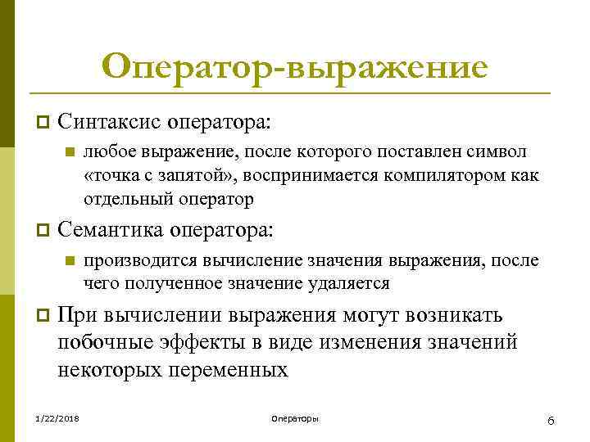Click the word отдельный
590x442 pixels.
click(121, 198)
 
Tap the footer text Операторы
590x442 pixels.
click(294, 419)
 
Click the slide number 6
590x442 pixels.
click(551, 420)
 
